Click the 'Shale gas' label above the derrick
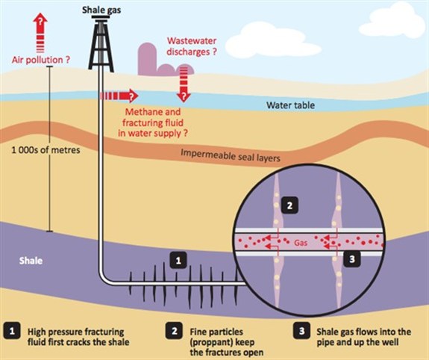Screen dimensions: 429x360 101,10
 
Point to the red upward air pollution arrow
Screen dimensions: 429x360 40,32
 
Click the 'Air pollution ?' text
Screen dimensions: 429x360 41,60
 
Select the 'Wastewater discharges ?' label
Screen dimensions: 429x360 192,46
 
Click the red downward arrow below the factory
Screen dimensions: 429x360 184,84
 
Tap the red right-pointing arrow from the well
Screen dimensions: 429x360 119,96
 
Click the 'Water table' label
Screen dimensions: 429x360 290,105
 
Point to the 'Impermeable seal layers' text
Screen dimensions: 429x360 231,155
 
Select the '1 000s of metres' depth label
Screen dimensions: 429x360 46,150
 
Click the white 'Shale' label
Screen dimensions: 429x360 31,261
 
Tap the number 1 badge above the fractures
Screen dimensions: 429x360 178,260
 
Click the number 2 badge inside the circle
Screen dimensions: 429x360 289,205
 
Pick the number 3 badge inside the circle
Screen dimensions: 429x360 352,258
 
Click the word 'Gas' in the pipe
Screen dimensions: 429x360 301,243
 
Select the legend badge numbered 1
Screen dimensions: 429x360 12,331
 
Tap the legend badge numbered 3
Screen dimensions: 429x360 301,331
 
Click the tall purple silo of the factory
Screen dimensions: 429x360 147,58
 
